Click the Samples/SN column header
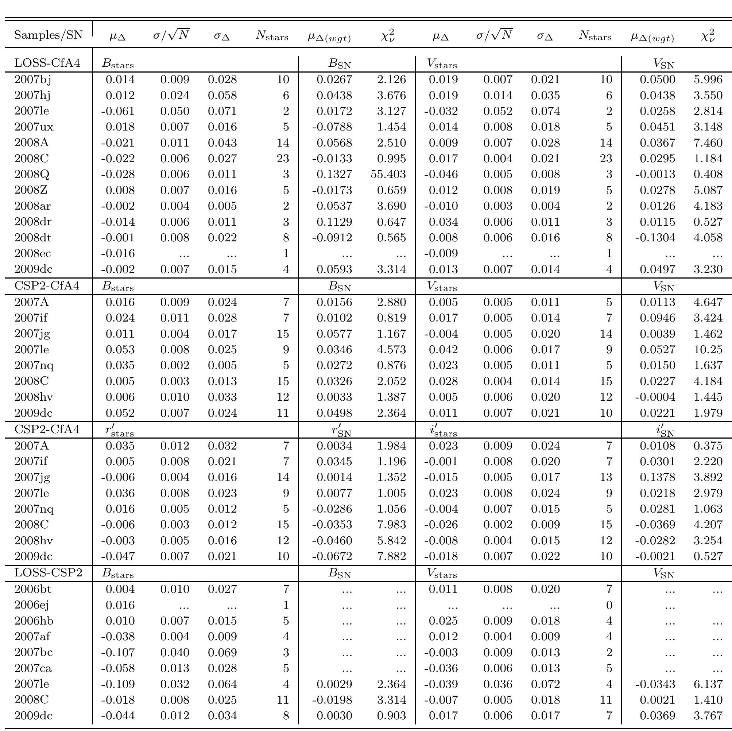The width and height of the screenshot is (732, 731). [x=48, y=35]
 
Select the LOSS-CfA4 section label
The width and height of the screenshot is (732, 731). [x=47, y=62]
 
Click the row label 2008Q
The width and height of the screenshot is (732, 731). [x=32, y=174]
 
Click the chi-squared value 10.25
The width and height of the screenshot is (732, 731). [x=708, y=350]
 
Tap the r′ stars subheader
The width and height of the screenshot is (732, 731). [x=119, y=430]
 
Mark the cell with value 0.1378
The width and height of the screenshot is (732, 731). [x=657, y=477]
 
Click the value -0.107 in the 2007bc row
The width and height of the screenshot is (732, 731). [x=117, y=653]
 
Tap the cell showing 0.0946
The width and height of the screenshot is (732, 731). [x=657, y=318]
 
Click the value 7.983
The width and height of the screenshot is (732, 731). [x=391, y=525]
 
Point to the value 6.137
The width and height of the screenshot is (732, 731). [x=708, y=684]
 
